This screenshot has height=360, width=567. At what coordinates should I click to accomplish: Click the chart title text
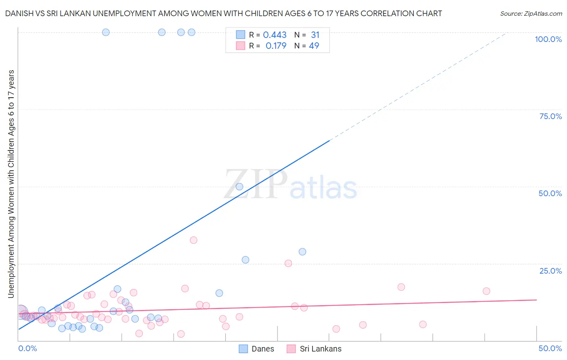tap(223, 13)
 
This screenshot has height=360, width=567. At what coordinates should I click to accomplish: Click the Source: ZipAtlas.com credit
tap(531, 13)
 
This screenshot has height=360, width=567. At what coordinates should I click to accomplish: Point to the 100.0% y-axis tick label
tap(548, 39)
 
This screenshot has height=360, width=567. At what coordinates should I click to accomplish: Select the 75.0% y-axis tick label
tap(550, 116)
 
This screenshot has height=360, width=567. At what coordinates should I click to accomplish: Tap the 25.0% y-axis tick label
tap(550, 271)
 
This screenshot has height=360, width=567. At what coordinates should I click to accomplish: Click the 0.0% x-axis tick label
tap(27, 348)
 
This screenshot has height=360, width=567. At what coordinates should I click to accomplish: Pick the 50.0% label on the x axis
tap(550, 348)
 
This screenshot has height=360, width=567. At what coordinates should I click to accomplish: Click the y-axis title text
tap(11, 184)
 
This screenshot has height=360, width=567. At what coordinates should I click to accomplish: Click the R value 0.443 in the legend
tap(275, 35)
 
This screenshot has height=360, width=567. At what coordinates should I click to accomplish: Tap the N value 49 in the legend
tap(314, 46)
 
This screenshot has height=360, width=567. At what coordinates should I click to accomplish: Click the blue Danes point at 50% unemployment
tap(240, 186)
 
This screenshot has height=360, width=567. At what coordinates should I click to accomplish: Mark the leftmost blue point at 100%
tap(106, 32)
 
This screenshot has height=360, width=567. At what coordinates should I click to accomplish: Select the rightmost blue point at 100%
tap(192, 32)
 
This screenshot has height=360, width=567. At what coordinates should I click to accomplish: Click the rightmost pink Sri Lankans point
tap(486, 291)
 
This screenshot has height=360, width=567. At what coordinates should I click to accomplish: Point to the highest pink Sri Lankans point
tap(194, 240)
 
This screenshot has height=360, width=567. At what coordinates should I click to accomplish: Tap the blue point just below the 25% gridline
tap(302, 252)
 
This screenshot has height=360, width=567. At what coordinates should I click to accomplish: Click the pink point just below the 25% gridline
tap(288, 264)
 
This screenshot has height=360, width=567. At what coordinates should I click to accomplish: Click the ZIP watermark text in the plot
tap(256, 184)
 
